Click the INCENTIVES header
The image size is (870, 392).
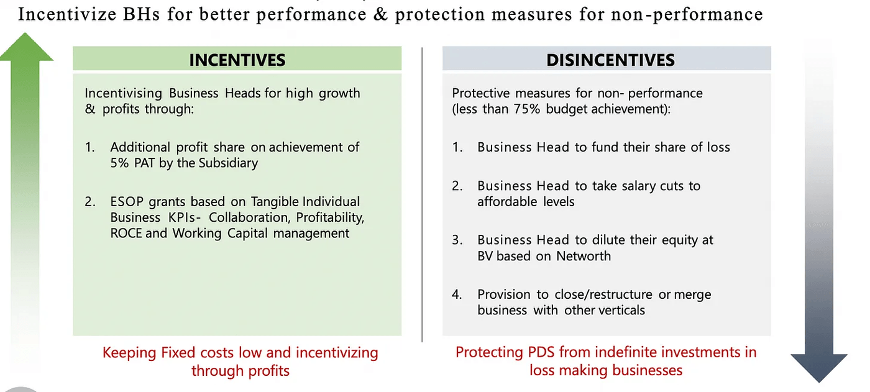coord(237,60)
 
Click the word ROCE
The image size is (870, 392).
coord(126,234)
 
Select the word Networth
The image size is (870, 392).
coord(583,256)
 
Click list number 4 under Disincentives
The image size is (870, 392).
coord(457,294)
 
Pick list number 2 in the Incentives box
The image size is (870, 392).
coord(91,202)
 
